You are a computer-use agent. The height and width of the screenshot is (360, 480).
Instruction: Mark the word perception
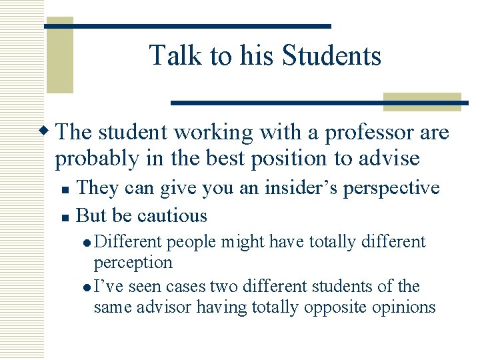coord(133,262)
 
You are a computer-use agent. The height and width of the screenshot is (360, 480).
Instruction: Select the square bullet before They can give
coord(63,189)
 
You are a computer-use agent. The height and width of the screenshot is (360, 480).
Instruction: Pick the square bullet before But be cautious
coord(63,217)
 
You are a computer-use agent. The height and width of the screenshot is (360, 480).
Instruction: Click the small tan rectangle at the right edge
coord(421,101)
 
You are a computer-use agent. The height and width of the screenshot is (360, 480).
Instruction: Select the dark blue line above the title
coord(187,26)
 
